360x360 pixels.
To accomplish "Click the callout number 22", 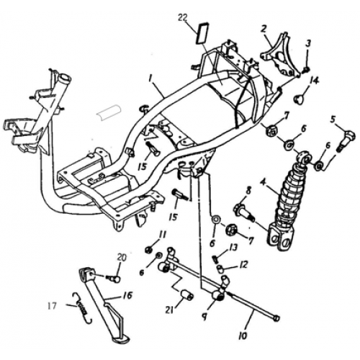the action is [x=184, y=17].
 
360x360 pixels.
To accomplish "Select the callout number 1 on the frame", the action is [x=150, y=78].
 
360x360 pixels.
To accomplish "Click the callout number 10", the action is [x=243, y=336].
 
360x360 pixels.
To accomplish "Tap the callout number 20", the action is [x=122, y=258].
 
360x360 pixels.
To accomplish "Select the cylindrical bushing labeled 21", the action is [x=186, y=294].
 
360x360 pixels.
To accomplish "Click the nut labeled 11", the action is [x=148, y=251].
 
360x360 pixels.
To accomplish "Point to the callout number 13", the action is [x=233, y=248].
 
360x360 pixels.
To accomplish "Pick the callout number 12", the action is [x=243, y=264].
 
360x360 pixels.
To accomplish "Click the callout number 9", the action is [x=204, y=317].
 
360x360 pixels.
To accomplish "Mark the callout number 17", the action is [x=53, y=306].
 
